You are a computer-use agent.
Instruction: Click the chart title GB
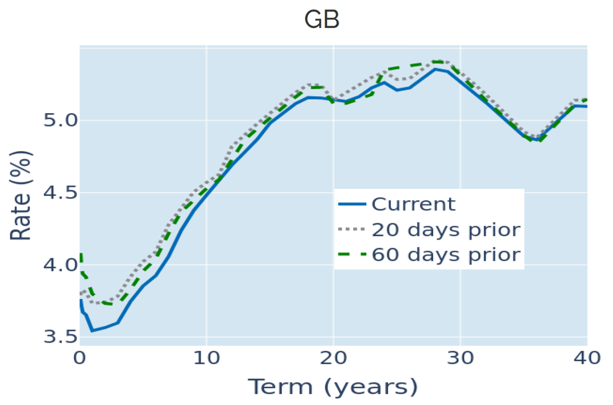click(321, 21)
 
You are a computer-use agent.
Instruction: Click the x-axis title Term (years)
click(332, 386)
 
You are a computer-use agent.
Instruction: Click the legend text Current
click(414, 204)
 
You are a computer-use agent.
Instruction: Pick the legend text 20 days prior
click(446, 229)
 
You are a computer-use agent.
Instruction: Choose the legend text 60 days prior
click(446, 255)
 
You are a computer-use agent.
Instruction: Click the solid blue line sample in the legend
click(352, 204)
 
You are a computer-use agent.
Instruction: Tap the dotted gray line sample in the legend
click(352, 230)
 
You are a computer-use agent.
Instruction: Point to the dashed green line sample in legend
click(352, 255)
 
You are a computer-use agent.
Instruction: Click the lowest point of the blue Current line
click(92, 331)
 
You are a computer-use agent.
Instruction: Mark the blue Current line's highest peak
click(435, 69)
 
